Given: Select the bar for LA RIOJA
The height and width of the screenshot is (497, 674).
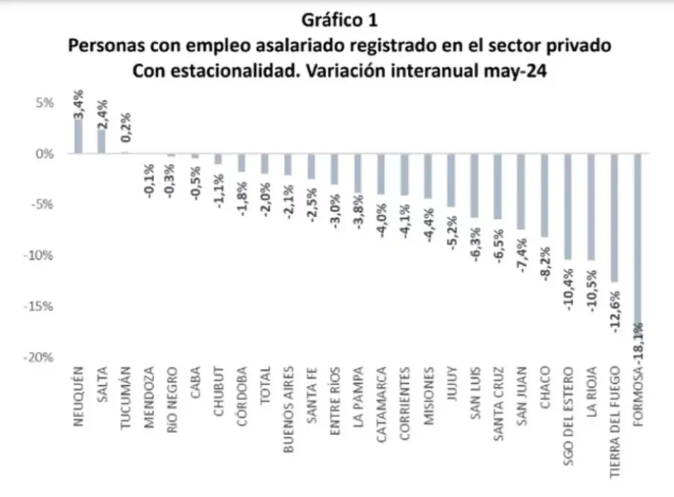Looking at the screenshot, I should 591,206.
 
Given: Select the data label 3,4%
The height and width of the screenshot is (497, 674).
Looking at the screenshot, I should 79,105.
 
